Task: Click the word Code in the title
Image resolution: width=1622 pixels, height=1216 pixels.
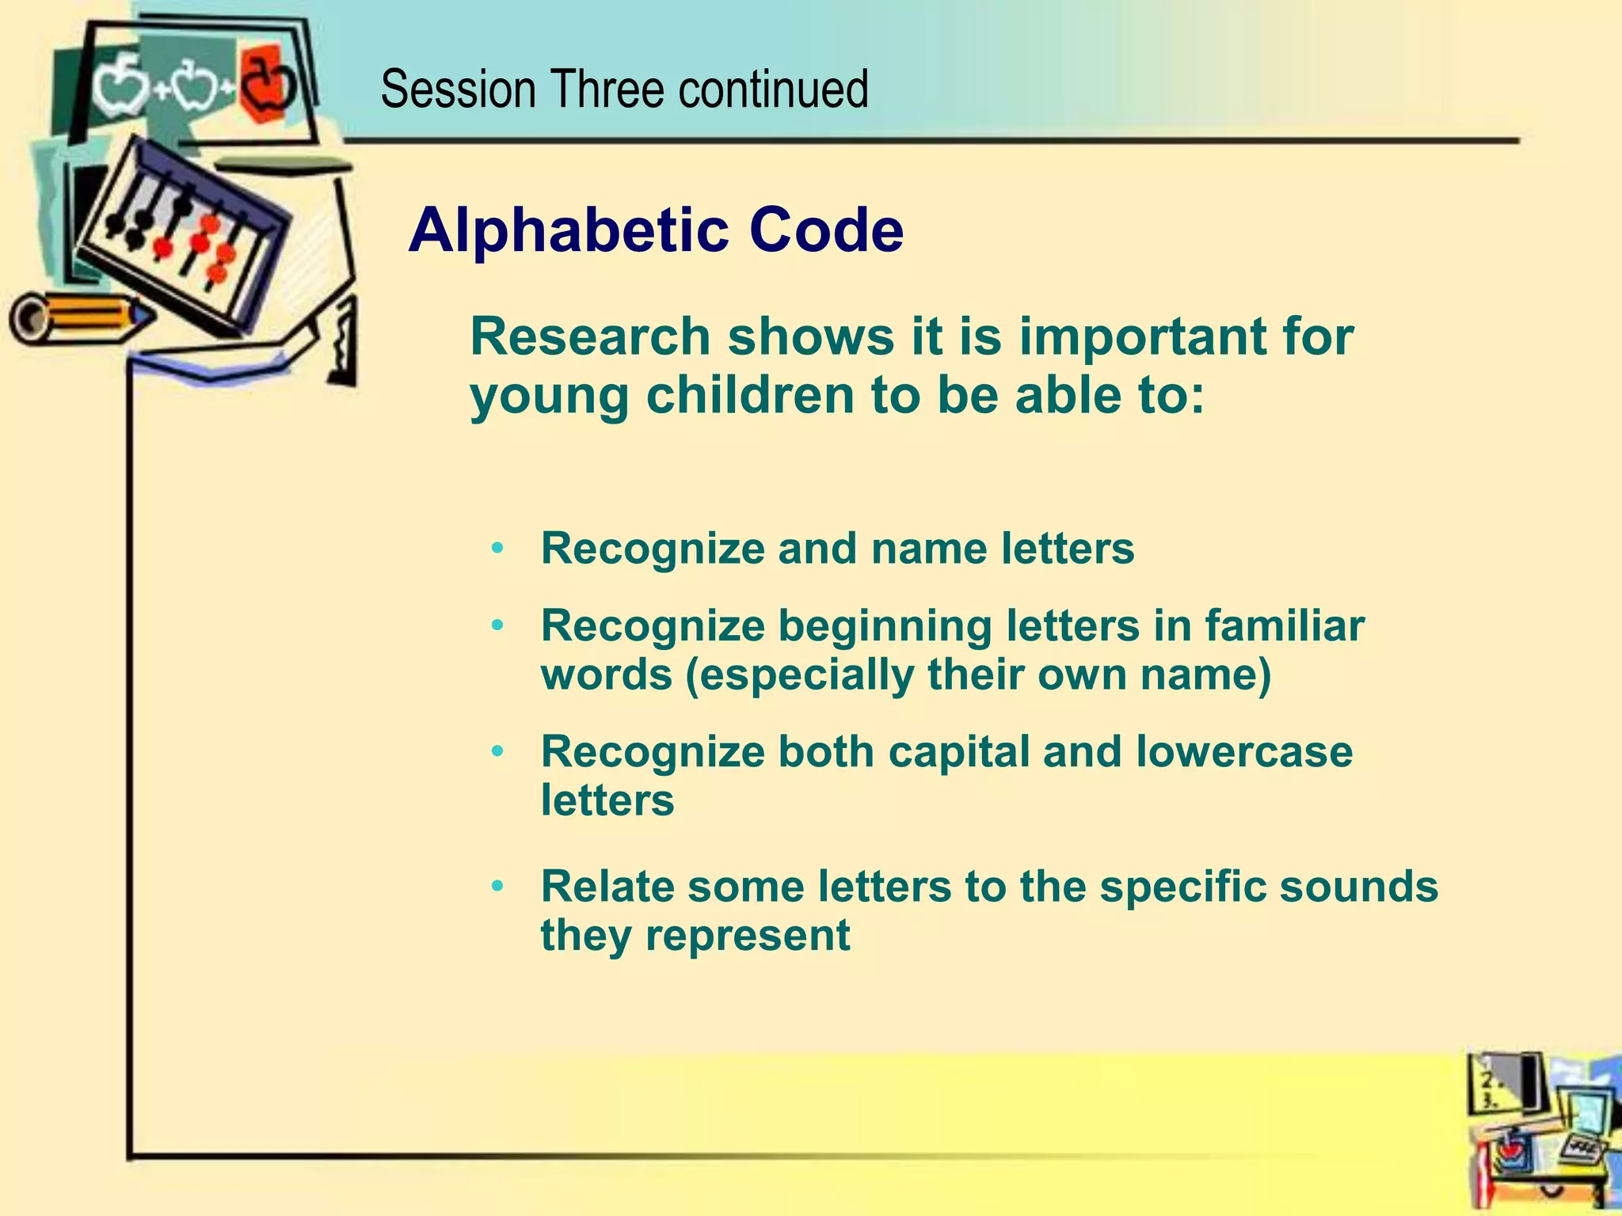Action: pos(826,231)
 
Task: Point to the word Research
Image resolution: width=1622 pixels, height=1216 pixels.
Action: pos(590,337)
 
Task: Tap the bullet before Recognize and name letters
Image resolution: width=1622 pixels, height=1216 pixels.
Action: pos(497,548)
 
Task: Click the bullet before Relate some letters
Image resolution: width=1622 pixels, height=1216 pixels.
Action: pos(497,885)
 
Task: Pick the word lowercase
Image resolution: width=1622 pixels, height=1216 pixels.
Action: pos(1244,751)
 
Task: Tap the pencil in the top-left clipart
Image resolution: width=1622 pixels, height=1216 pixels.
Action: pos(79,318)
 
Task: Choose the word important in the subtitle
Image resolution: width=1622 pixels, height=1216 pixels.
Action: pos(1125,337)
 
